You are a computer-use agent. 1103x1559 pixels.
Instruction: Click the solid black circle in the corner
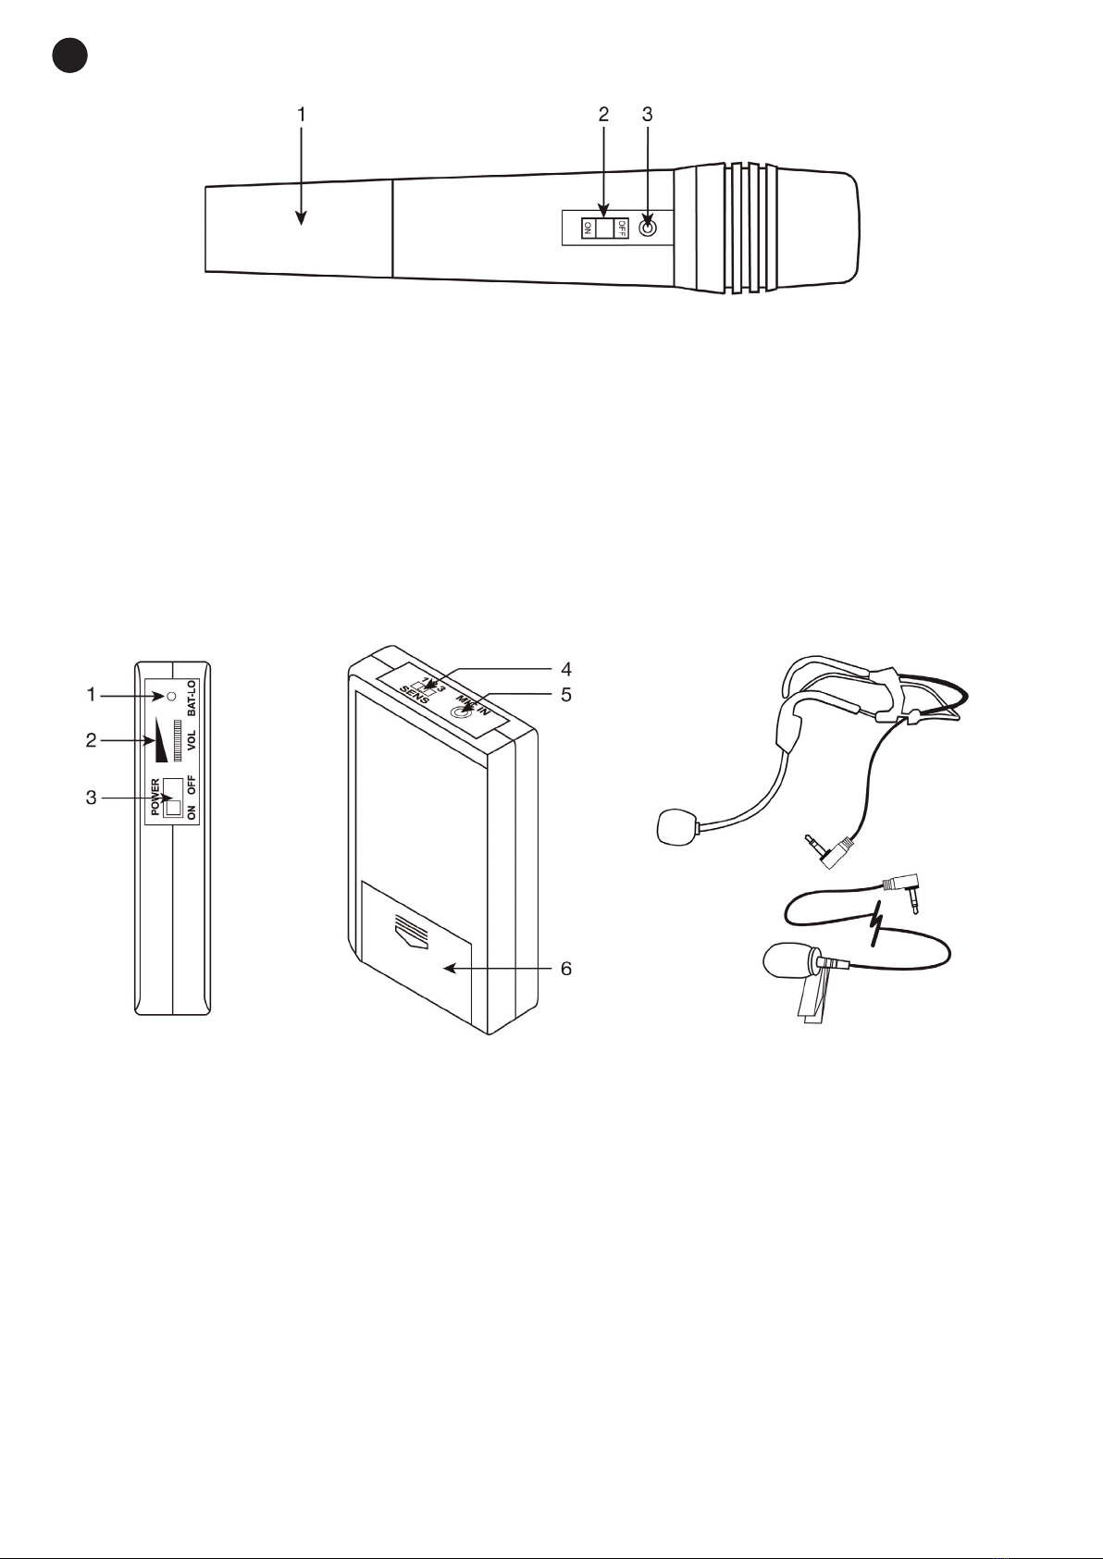[x=69, y=56]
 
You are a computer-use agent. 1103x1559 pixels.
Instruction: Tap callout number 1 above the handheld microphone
[x=301, y=115]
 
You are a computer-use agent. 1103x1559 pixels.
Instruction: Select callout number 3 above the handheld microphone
[x=647, y=115]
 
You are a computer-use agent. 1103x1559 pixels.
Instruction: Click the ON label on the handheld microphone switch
[x=588, y=228]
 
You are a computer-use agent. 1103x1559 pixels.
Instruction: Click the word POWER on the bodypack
[x=155, y=797]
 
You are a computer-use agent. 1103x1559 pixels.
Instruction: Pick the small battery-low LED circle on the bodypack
[x=170, y=694]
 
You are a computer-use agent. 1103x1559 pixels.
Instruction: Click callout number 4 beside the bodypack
[x=565, y=669]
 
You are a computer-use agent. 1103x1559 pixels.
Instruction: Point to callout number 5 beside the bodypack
[x=565, y=694]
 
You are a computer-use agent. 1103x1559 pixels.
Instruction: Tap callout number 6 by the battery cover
[x=565, y=969]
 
